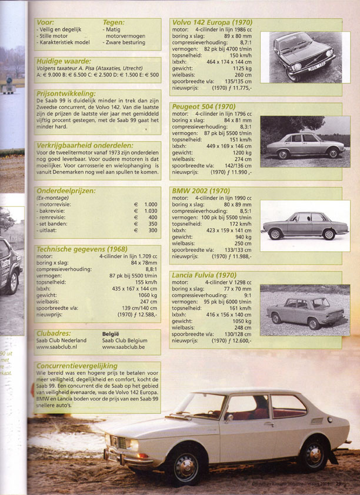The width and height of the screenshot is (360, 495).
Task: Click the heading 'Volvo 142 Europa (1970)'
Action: click(x=212, y=22)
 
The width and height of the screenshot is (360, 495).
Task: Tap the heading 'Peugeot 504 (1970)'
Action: click(x=204, y=106)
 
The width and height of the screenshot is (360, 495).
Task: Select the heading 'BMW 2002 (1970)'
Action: click(x=200, y=190)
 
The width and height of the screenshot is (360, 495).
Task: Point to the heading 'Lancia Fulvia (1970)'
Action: click(x=204, y=275)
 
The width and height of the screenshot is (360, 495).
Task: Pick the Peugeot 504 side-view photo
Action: click(x=305, y=141)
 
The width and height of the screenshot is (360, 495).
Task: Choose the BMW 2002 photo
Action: click(x=305, y=226)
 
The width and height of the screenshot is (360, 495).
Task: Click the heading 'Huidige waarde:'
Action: click(x=64, y=61)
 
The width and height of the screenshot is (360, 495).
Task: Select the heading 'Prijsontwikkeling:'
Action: click(x=66, y=93)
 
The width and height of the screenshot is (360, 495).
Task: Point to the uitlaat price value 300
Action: click(x=152, y=230)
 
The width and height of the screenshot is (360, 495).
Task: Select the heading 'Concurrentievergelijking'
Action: click(x=77, y=366)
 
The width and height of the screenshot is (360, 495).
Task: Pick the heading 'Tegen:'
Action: click(x=114, y=22)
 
